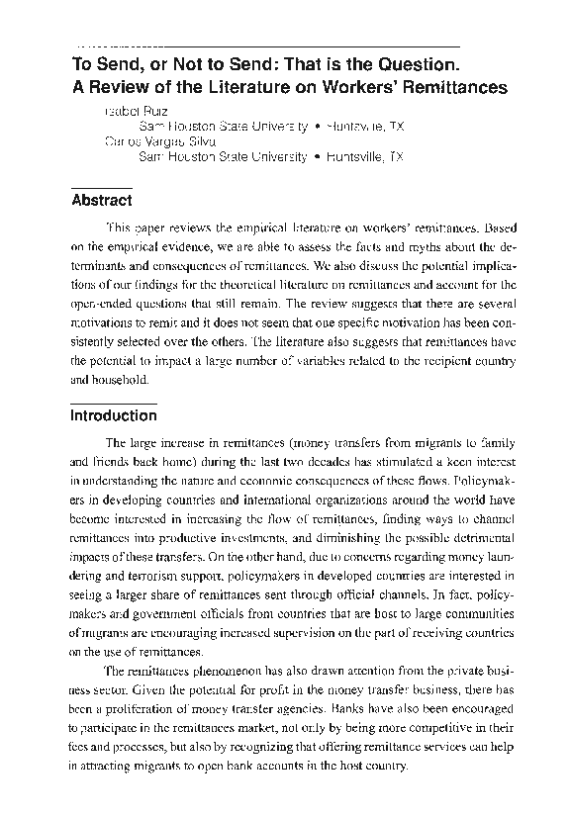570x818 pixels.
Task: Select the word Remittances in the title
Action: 456,86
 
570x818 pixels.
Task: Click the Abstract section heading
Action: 101,201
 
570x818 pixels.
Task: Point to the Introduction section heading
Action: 113,415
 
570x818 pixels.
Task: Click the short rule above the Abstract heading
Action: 101,186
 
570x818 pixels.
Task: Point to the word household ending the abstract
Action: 123,379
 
